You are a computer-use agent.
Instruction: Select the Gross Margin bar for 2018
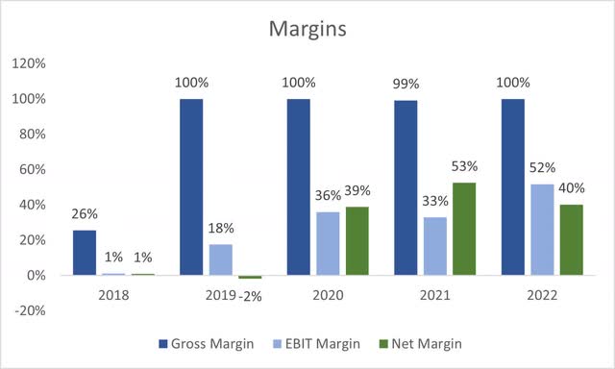85,253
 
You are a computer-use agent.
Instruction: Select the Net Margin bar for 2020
357,241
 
